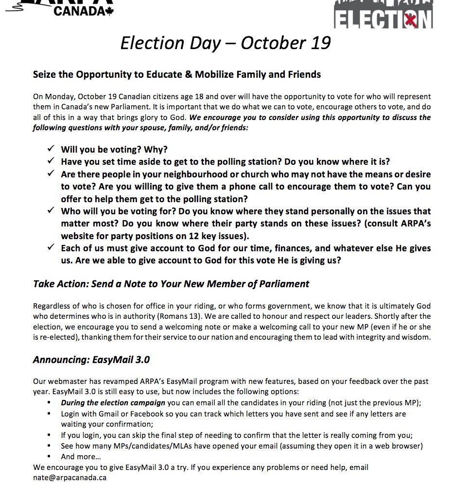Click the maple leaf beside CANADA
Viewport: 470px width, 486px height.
pos(108,11)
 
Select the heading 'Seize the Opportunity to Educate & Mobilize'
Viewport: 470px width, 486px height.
pos(177,75)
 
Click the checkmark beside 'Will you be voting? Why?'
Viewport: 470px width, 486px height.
pos(51,149)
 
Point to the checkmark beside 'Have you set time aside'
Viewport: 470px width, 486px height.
pos(51,161)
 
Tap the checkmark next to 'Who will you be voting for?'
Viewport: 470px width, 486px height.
pos(51,211)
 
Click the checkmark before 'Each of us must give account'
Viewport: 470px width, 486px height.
pos(51,248)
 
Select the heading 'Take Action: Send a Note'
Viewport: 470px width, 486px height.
pos(171,283)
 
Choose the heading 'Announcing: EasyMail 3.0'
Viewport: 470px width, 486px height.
pos(91,360)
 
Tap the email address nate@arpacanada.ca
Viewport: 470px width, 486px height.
pos(70,477)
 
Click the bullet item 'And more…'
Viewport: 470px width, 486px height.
pos(81,456)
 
